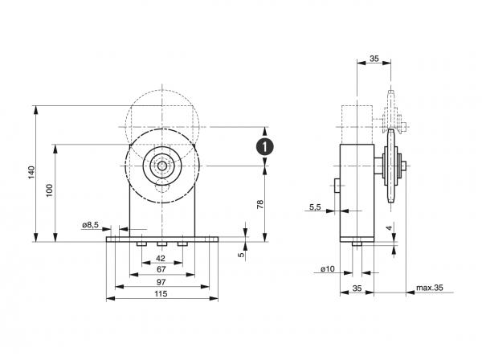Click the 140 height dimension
[31, 173]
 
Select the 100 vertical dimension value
[49, 190]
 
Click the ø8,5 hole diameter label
[91, 225]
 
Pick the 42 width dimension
[161, 259]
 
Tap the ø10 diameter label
[328, 268]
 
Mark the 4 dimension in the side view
[387, 229]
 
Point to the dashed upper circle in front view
[163, 112]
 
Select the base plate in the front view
[163, 239]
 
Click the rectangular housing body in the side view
[357, 193]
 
